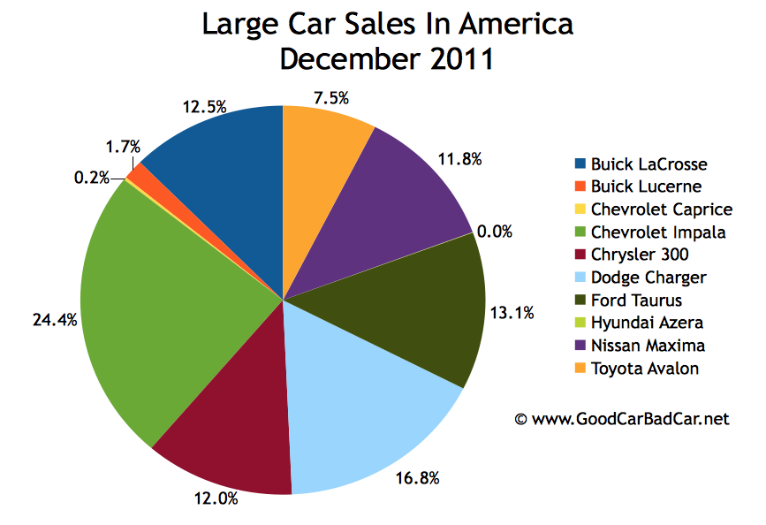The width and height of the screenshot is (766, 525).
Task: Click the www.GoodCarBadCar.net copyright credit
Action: point(622,419)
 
